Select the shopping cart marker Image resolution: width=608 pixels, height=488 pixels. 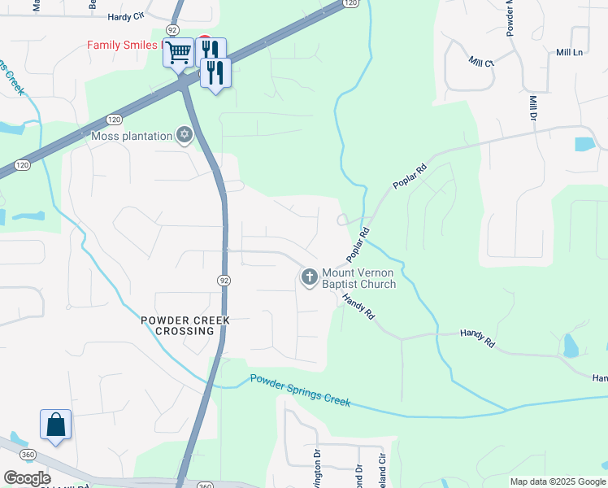178,53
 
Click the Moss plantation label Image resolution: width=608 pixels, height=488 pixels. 132,136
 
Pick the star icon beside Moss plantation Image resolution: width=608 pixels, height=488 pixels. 185,135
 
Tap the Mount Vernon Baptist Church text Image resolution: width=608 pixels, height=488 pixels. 358,278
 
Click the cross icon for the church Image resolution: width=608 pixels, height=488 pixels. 309,278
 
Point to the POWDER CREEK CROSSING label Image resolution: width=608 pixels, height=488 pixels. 185,325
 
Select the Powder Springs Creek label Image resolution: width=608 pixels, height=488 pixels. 300,390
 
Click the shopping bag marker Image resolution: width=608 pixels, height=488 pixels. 55,425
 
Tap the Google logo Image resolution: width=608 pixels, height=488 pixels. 27,478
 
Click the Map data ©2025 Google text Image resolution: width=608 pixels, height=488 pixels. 557,481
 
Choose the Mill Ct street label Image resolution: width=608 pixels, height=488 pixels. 481,62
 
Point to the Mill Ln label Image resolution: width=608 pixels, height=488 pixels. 570,52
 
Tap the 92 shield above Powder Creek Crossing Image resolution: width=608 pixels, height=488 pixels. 224,280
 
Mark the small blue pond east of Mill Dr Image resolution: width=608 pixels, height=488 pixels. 584,144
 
